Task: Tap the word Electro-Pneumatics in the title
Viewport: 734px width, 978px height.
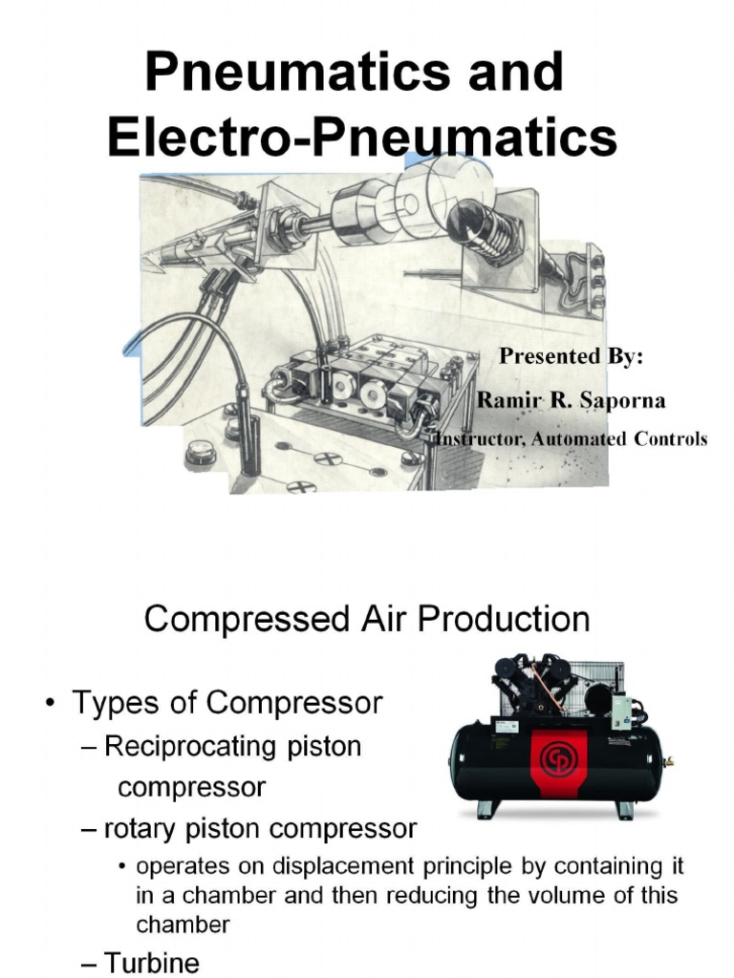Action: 362,137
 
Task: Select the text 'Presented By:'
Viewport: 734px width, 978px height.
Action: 571,356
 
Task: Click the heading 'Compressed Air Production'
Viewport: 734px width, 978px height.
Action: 367,619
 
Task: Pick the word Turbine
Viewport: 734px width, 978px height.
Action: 152,963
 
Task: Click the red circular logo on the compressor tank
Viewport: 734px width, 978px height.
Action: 555,759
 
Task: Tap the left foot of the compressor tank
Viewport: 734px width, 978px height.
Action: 485,810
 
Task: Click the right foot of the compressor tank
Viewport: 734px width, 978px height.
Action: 625,810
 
